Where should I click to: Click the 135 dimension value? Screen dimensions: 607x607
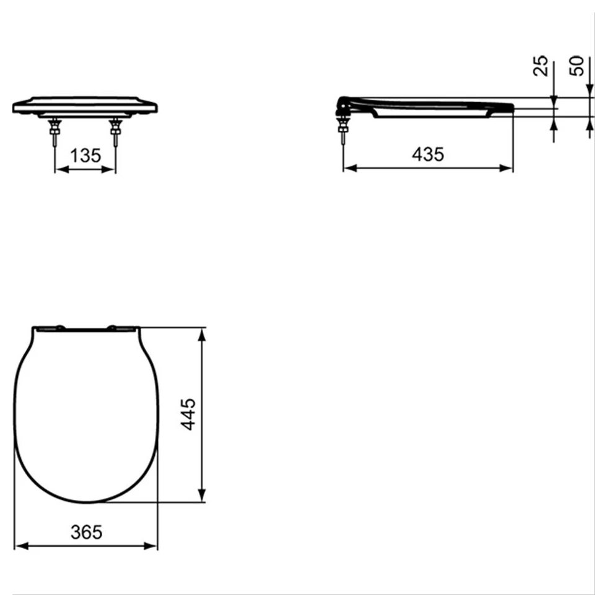(85, 155)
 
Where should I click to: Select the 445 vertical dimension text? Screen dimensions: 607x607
(188, 414)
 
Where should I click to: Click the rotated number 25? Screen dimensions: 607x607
(541, 66)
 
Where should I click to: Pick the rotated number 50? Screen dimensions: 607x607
(577, 66)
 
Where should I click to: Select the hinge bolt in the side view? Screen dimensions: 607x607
(342, 131)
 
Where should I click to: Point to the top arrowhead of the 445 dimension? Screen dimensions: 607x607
(201, 334)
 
